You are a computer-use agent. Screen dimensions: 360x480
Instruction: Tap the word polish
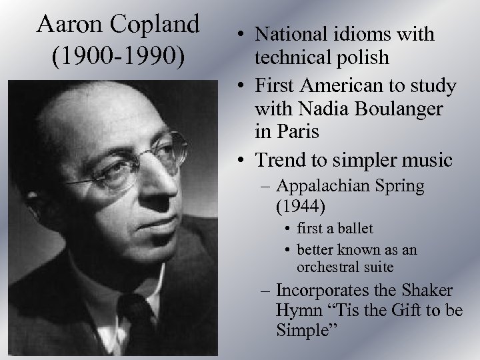363,57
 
